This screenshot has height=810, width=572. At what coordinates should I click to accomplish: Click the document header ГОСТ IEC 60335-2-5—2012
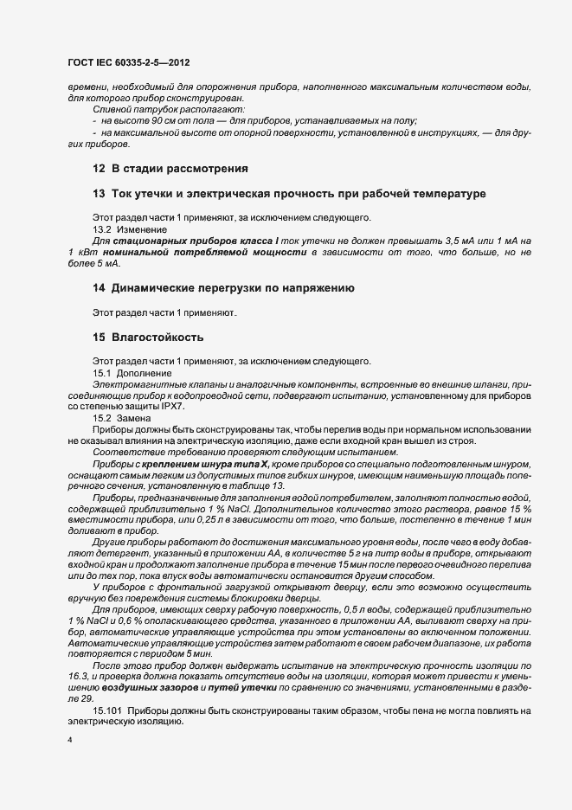[x=128, y=64]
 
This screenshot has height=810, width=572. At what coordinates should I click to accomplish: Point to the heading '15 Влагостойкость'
[x=150, y=336]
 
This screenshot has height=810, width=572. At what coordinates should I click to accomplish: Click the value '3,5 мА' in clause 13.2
[x=464, y=240]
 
